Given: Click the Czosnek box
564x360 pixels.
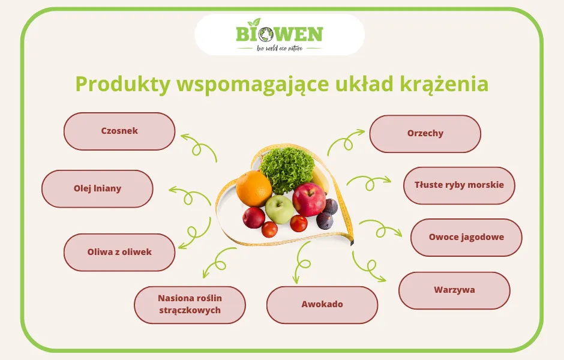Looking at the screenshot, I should pos(119,131).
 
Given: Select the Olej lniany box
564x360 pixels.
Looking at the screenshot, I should pos(97,188).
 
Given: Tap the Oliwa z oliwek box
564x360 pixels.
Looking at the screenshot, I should pos(119,252).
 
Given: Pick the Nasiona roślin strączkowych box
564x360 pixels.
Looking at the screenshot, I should pos(190,304).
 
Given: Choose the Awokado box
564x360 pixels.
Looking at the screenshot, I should pos(322,304).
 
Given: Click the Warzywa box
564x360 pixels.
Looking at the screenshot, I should pos(454,290).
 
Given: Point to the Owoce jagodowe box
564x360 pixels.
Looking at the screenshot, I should pos(466,237).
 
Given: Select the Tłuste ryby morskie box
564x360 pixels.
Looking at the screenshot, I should pos(459,185).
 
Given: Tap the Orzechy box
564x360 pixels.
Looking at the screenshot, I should pos(425,133).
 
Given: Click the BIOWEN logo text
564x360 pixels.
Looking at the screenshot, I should pos(280,34).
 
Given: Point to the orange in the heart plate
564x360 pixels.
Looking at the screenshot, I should pos(254,188).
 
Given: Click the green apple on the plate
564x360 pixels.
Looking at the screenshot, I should pos(279,209).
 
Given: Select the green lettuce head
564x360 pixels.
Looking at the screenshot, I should pos(287,169).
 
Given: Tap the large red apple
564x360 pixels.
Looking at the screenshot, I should pos(309,200).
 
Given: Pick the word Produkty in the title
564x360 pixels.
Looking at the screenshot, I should pos(122,85).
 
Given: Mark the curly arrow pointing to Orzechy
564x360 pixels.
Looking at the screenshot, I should pos(344,140).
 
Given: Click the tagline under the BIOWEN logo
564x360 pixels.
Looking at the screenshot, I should pos(280,48).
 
